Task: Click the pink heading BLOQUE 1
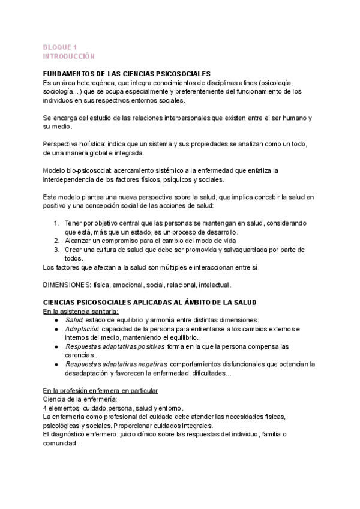coord(60,47)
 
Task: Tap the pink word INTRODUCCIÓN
coord(69,56)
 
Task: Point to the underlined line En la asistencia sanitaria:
coord(80,312)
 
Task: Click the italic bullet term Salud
coord(74,320)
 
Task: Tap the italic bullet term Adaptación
coord(83,329)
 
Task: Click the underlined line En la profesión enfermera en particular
coord(101,391)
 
